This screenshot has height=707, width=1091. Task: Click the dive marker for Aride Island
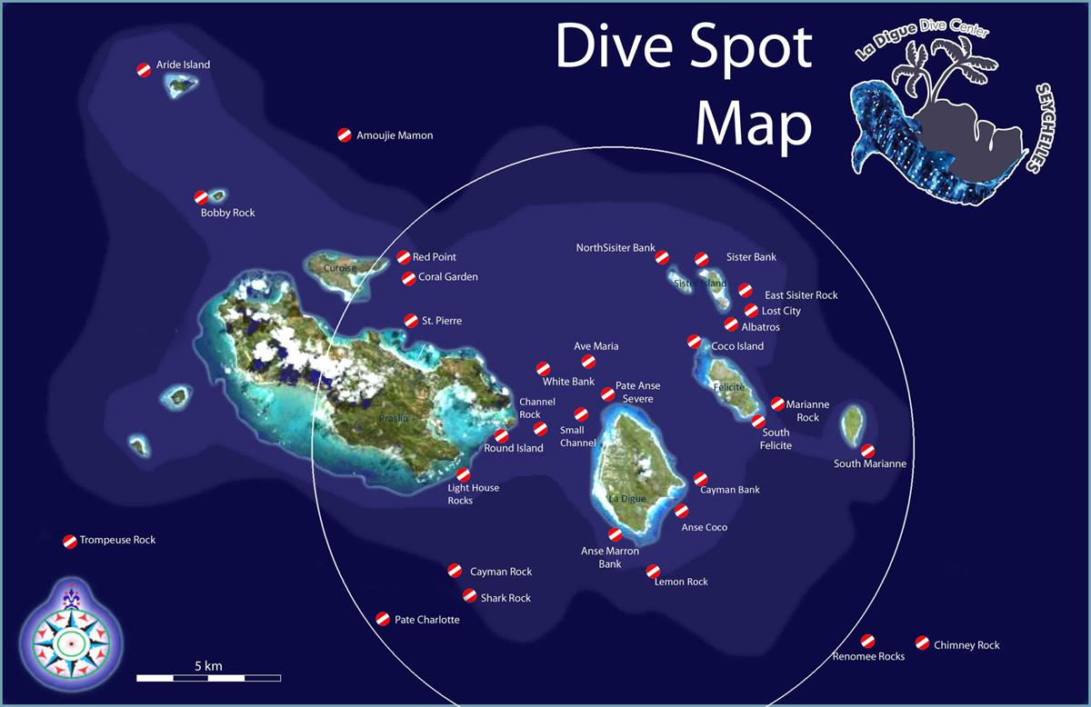coord(144,70)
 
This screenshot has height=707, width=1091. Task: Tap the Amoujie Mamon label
coord(395,135)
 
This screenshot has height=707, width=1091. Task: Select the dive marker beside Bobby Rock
coord(201,197)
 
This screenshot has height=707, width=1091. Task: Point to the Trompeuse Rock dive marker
coord(70,541)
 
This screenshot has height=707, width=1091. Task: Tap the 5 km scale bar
coord(208,677)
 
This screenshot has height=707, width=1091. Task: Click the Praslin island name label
coord(393,418)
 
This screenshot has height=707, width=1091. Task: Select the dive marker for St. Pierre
coord(411,320)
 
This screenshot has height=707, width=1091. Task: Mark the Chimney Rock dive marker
coord(922,642)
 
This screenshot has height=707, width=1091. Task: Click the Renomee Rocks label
coord(868,656)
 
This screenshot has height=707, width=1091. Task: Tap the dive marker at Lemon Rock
coord(653,572)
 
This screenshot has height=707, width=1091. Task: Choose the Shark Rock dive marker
coord(469,596)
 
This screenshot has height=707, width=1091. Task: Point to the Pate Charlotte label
coord(426,620)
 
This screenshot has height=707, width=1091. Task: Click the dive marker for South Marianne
coord(867,450)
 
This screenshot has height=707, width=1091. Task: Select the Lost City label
coord(781,311)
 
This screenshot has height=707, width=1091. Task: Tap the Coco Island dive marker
coord(694,342)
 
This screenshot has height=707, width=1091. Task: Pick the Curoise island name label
coord(339,268)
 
